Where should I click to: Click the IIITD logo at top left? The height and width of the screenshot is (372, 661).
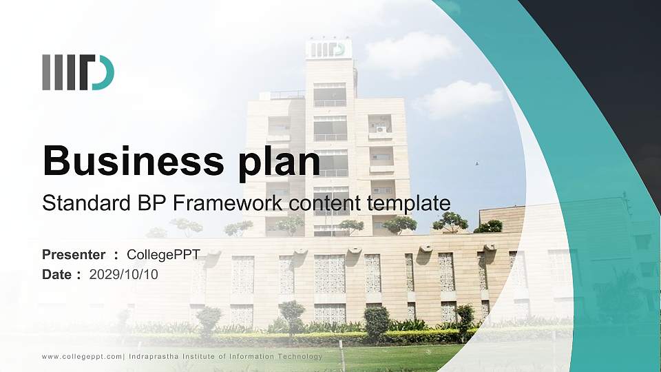[x=78, y=72]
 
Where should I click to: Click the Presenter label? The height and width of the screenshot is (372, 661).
[x=74, y=255]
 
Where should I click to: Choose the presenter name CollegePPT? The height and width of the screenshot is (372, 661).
[x=168, y=255]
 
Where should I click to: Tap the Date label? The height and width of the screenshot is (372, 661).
[x=57, y=274]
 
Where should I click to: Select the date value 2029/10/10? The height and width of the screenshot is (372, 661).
[x=124, y=274]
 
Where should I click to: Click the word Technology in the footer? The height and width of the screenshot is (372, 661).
[x=298, y=356]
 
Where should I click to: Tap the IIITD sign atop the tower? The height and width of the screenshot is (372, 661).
[x=328, y=49]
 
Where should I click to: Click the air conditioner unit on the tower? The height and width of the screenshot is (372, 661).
[x=381, y=129]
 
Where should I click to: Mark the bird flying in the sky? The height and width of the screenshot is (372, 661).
[x=476, y=164]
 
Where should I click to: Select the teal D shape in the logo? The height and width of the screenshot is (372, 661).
[x=103, y=72]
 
